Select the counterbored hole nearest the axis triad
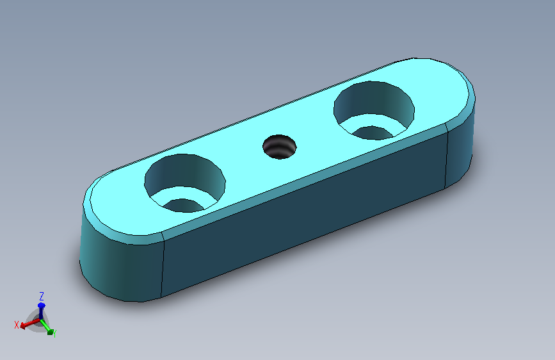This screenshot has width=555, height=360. [x=184, y=183]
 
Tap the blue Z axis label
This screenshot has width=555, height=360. [x=41, y=296]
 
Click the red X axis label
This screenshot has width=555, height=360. [x=17, y=325]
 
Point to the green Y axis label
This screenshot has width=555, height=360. [x=55, y=333]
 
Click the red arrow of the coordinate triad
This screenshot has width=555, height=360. [x=27, y=323]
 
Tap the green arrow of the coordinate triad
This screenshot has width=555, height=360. [x=48, y=329]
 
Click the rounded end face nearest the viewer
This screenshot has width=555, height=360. [x=118, y=266]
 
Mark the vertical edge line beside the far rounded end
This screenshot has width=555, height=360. [x=446, y=157]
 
